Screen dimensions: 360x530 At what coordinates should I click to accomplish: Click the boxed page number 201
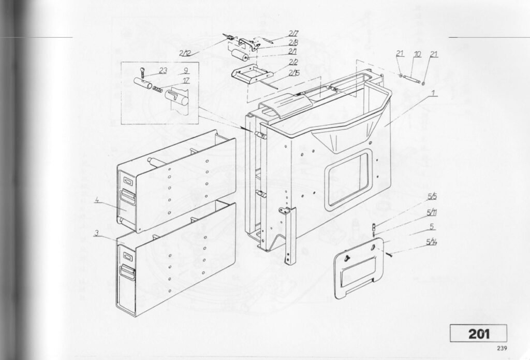479,334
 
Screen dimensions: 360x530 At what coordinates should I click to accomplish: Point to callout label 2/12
185,53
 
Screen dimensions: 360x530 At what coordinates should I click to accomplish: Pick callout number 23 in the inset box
163,71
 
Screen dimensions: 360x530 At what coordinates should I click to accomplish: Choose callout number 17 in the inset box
185,80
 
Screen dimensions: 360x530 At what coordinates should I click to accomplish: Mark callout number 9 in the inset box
184,70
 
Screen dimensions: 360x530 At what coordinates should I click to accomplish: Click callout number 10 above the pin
417,54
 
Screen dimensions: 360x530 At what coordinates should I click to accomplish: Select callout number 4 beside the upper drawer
97,201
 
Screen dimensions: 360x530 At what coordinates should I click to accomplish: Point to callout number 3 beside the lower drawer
97,233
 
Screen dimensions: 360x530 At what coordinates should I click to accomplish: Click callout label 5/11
431,212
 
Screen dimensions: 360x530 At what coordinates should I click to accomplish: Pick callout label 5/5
432,197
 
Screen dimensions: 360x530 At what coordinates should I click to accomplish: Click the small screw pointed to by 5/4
389,253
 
